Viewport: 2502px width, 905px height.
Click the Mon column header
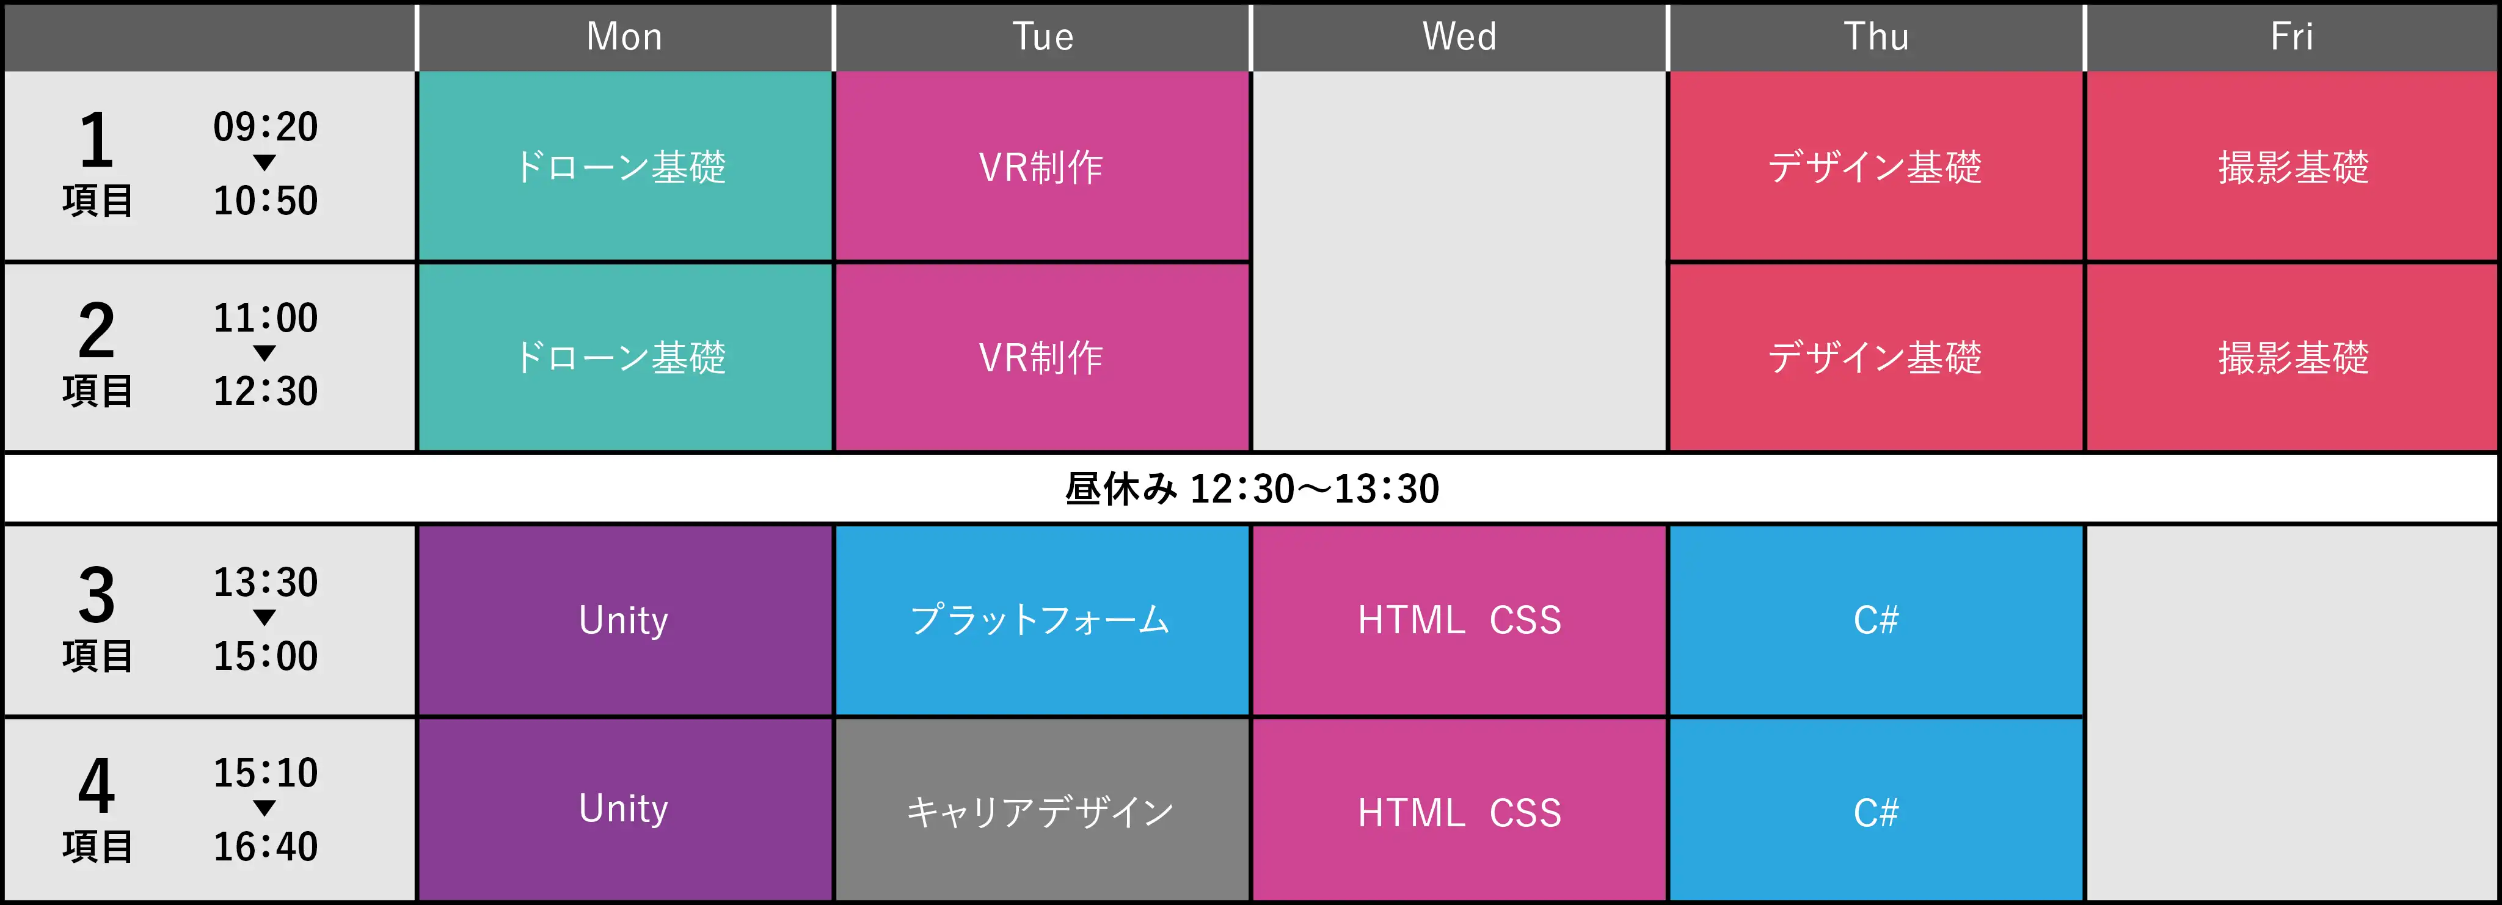[x=624, y=37]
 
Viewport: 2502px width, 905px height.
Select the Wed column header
[x=1459, y=37]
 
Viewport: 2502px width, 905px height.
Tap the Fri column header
[x=2292, y=37]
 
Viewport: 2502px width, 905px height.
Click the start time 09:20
[x=265, y=127]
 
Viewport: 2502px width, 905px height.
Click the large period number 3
[x=96, y=595]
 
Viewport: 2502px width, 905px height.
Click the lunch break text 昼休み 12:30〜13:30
[x=1252, y=489]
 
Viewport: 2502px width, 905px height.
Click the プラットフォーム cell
[x=1042, y=620]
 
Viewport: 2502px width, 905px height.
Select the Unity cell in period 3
[x=624, y=620]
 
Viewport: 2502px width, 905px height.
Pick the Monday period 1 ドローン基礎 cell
[x=624, y=166]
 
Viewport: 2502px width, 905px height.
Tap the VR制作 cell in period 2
[x=1042, y=357]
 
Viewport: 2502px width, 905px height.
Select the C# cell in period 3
[x=1875, y=620]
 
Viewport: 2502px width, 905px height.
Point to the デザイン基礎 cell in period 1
[x=1875, y=166]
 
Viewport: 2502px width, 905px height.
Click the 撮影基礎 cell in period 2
[x=2292, y=357]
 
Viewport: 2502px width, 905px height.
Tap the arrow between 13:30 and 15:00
[x=264, y=617]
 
